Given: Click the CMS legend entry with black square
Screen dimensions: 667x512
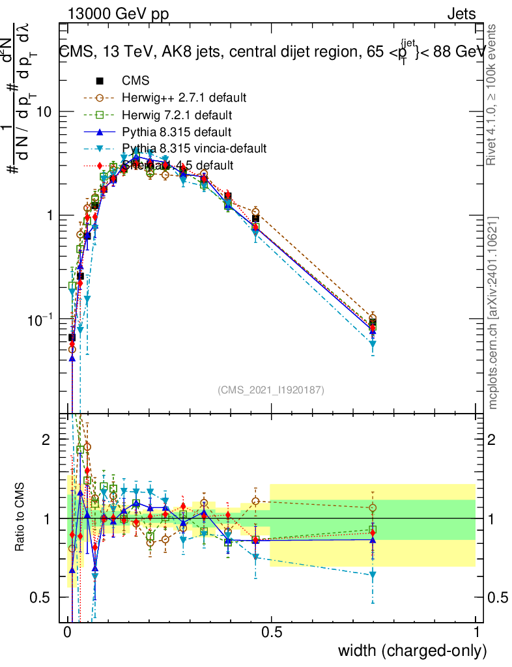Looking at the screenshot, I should [x=135, y=81].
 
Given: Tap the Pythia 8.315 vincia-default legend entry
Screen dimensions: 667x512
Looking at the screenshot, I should [x=194, y=149].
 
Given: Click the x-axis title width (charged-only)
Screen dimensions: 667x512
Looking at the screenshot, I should [x=412, y=650].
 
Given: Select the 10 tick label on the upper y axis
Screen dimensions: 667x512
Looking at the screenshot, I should [x=42, y=111].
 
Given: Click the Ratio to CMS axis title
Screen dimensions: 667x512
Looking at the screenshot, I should [x=21, y=518].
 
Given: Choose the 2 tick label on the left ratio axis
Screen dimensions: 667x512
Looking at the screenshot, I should [x=46, y=440].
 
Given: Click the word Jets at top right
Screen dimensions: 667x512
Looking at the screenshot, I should [x=461, y=14].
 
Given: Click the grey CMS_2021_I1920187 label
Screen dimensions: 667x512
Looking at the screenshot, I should [x=271, y=390].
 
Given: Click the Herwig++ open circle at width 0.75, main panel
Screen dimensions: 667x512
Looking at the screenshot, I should [x=373, y=318].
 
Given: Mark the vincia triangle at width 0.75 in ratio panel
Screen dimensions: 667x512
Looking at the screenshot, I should [x=373, y=575].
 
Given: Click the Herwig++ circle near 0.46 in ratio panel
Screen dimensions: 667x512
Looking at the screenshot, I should [x=255, y=502].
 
